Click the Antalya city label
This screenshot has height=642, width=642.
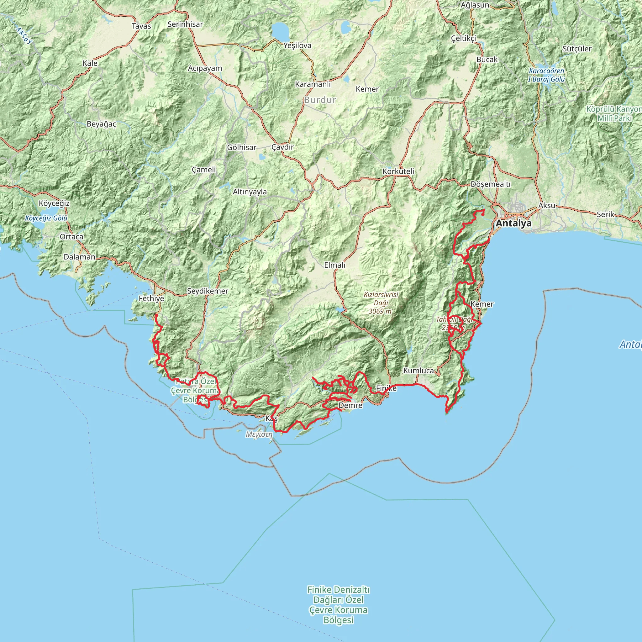(x=513, y=223)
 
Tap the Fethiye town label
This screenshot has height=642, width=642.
(x=151, y=298)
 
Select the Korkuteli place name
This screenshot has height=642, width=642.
(x=398, y=171)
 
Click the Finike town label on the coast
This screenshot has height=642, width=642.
(x=386, y=388)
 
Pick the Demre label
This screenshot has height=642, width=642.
(x=350, y=405)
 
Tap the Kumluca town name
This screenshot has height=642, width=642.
(x=418, y=371)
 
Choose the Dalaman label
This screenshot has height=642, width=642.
(x=79, y=257)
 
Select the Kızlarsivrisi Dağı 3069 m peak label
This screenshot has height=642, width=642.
(x=381, y=303)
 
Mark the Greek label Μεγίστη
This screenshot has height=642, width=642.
(x=259, y=434)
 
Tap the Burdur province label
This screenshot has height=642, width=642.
(x=320, y=100)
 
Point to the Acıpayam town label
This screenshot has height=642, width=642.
(x=205, y=68)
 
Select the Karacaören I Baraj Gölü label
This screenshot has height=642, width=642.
(x=546, y=75)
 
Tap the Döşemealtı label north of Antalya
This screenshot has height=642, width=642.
(x=491, y=184)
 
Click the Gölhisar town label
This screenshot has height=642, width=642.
(x=242, y=147)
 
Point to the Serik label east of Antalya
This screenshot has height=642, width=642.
(x=605, y=214)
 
